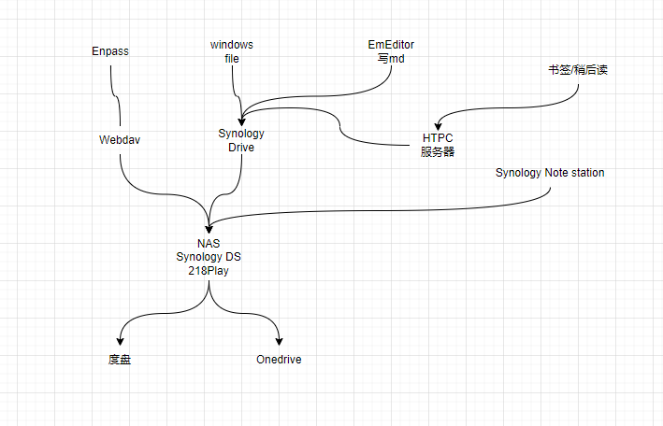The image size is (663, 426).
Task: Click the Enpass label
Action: [x=110, y=50]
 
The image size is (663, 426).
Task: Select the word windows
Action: [x=231, y=44]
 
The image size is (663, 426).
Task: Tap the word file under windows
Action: [x=231, y=58]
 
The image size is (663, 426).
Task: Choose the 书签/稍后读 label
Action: [x=578, y=70]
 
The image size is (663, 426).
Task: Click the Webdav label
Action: [x=120, y=139]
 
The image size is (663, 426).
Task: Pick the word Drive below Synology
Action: [x=241, y=148]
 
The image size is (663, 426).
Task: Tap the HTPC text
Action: [x=437, y=137]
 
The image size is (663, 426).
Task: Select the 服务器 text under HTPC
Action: [x=437, y=151]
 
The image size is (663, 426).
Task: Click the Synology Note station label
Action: [x=550, y=173]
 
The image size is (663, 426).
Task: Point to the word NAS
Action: [x=209, y=244]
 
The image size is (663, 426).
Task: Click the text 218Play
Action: [x=209, y=271]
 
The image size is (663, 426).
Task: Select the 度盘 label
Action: [x=119, y=359]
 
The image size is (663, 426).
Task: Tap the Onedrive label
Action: [x=279, y=359]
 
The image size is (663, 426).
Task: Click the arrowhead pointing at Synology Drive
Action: [x=241, y=120]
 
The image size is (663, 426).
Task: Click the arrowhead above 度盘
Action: [x=120, y=341]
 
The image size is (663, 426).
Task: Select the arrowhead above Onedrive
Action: [x=279, y=341]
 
